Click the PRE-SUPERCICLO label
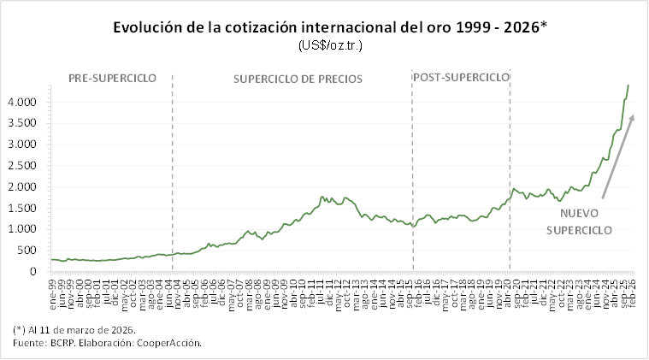click(x=112, y=78)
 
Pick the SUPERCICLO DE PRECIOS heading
click(x=298, y=80)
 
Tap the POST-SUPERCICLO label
click(x=461, y=78)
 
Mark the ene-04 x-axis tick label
click(x=162, y=289)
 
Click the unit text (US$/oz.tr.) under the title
click(x=331, y=45)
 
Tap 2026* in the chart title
click(x=522, y=27)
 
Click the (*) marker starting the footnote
click(x=20, y=329)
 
